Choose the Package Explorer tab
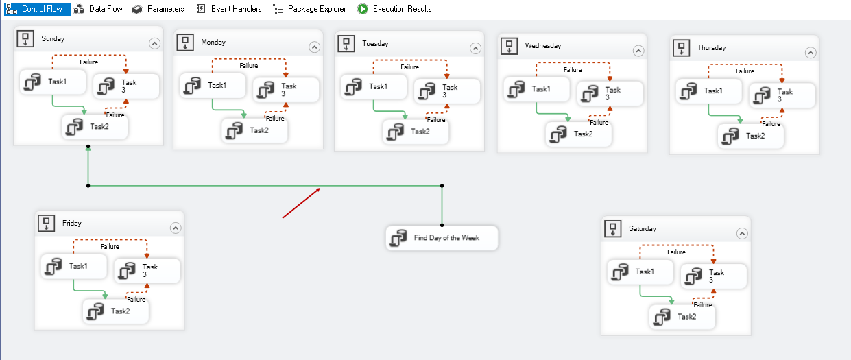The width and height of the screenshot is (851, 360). coord(309,9)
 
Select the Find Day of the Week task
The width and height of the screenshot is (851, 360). coord(442,238)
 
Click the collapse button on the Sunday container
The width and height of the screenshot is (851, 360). coord(154,43)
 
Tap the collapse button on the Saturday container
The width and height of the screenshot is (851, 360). coord(742,233)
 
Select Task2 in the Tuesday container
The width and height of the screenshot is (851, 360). coord(416,132)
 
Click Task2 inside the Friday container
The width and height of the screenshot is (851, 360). coord(116,311)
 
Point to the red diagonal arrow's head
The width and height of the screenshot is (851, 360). coord(320,188)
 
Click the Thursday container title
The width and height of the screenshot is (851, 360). coord(711,48)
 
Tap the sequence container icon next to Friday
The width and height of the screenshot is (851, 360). coord(46,223)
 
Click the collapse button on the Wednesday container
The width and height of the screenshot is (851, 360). coord(638,51)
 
